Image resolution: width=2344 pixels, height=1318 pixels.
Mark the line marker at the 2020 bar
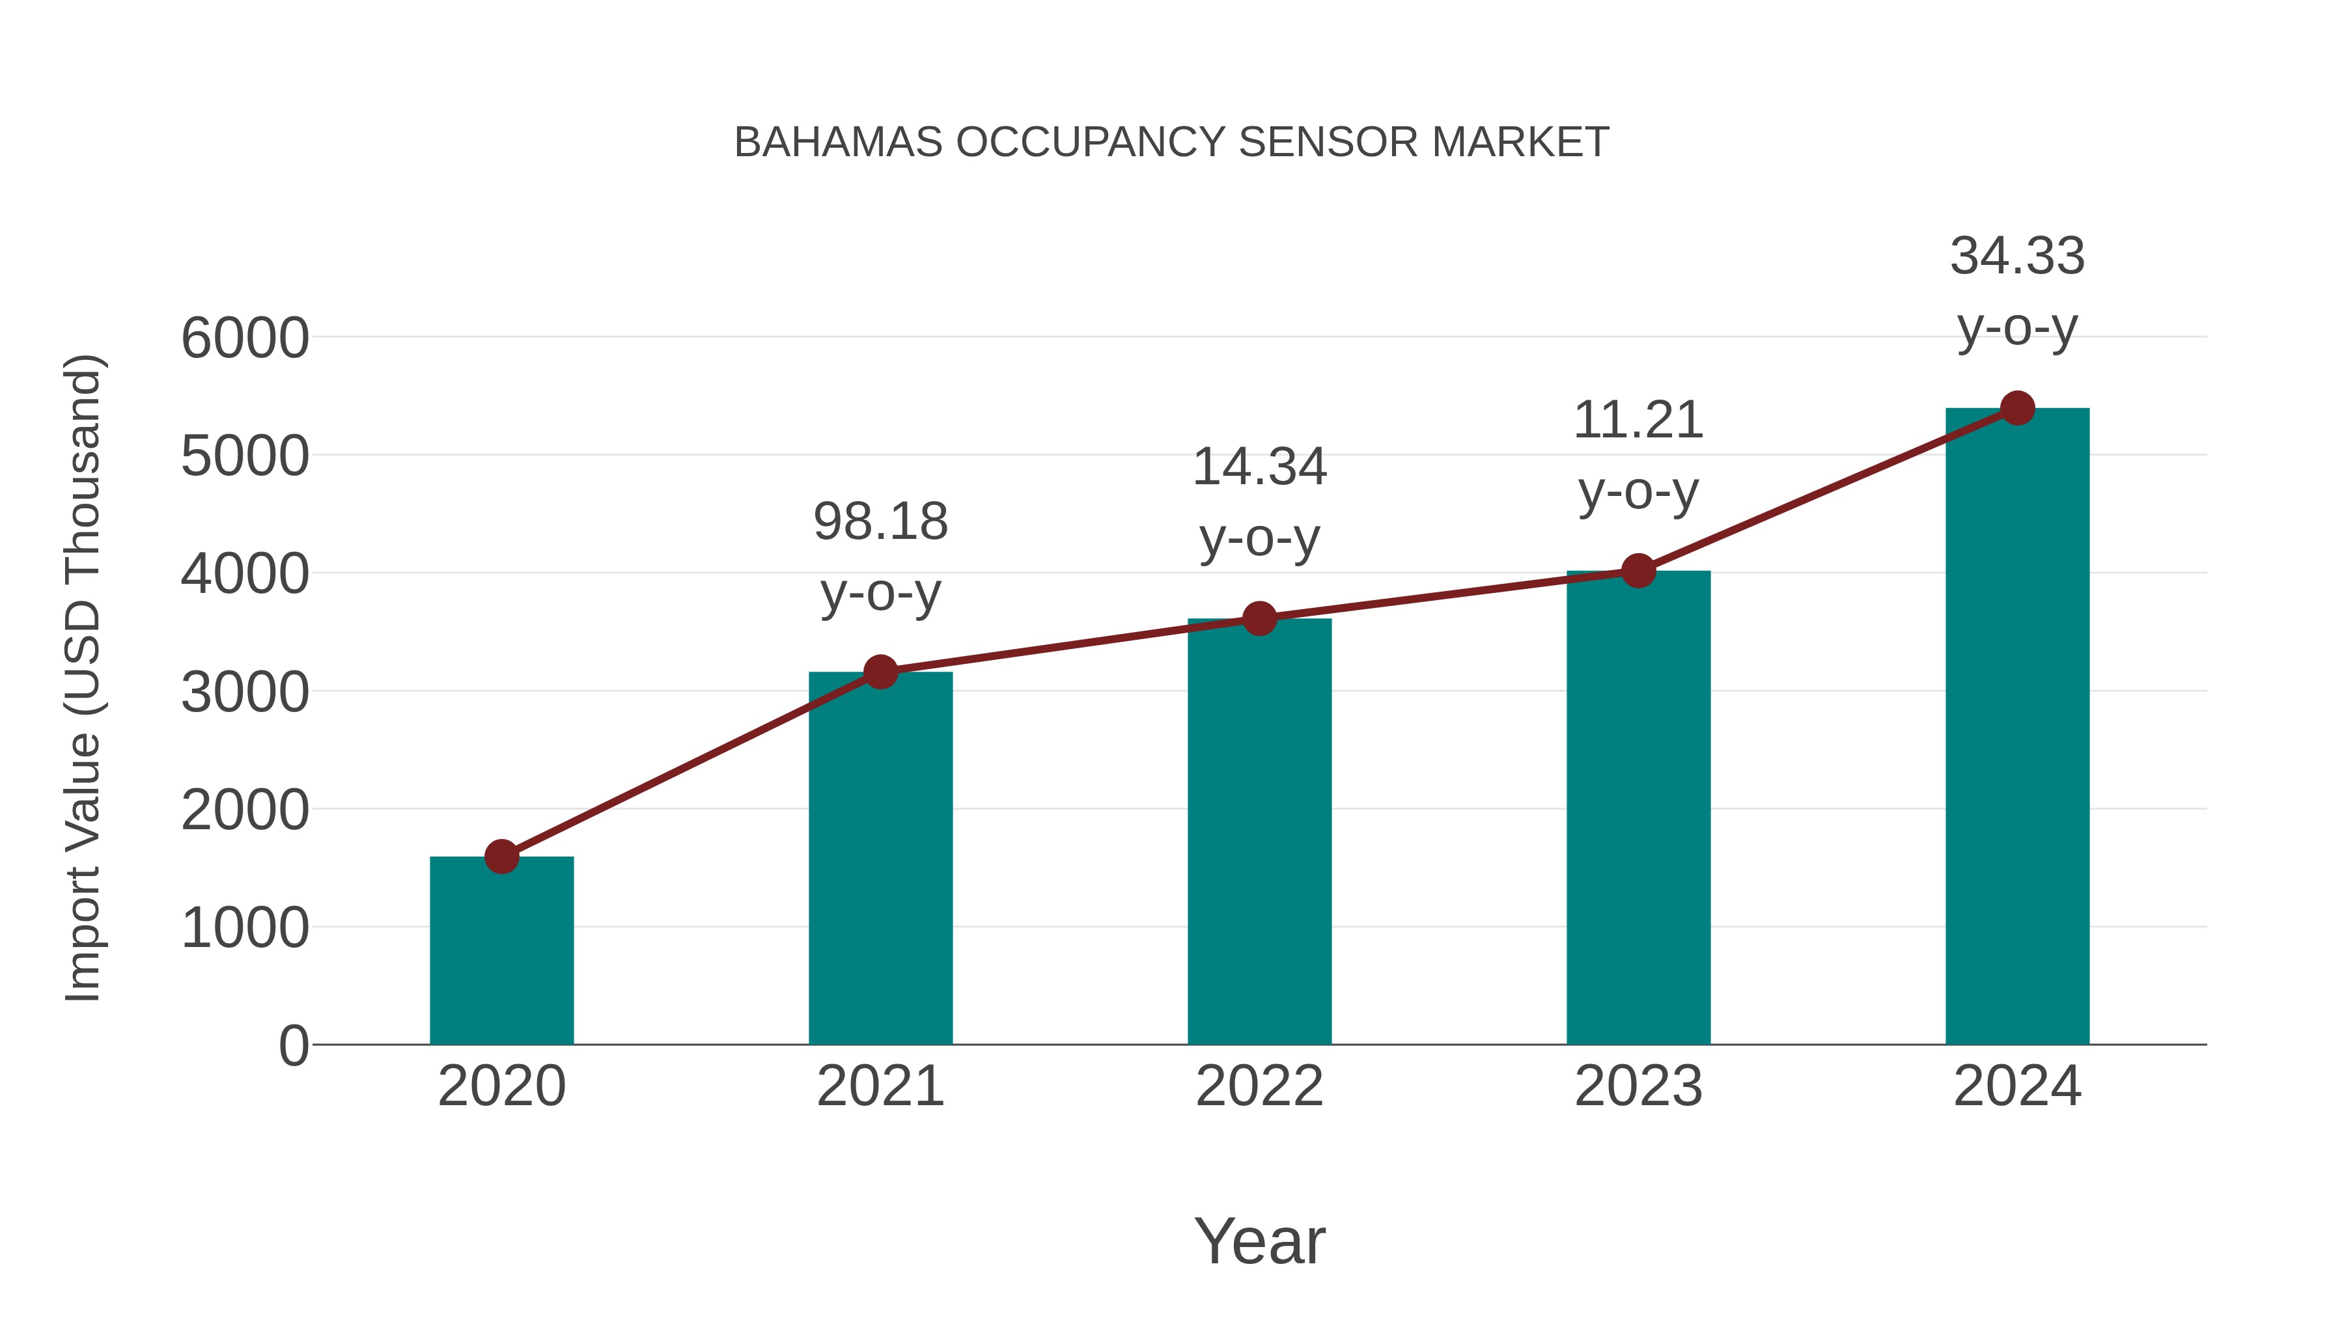pos(501,856)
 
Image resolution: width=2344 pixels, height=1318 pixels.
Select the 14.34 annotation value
pos(1259,467)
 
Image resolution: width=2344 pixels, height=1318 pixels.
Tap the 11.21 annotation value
pos(1638,421)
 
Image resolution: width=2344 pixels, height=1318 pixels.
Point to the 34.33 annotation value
pos(2017,256)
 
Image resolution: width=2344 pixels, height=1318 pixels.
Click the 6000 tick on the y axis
pos(245,338)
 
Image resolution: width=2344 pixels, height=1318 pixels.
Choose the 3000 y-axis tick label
pos(245,693)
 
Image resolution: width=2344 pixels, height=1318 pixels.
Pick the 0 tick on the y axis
pos(293,1046)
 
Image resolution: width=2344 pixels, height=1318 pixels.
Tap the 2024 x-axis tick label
pos(2017,1086)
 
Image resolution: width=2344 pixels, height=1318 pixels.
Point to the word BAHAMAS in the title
pos(838,143)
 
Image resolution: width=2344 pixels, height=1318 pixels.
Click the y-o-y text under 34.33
pos(2017,329)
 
